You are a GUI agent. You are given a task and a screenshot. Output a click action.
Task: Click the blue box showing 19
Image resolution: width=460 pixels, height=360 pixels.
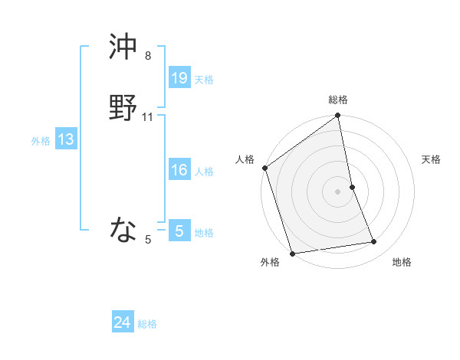179,77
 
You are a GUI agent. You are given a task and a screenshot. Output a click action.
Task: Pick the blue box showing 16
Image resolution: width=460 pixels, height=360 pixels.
179,170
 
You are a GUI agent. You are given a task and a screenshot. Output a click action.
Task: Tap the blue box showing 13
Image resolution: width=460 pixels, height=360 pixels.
66,139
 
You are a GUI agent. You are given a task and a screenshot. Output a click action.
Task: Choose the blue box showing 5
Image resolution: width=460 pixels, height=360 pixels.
179,231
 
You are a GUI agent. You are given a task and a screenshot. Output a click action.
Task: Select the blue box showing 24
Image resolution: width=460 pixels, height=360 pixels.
123,322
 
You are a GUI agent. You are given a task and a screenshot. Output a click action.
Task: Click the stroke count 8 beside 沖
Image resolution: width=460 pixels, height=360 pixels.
148,56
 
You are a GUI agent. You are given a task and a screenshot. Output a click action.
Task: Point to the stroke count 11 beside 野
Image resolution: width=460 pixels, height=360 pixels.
148,117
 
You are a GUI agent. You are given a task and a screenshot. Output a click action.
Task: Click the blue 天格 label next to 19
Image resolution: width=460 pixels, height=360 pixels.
204,80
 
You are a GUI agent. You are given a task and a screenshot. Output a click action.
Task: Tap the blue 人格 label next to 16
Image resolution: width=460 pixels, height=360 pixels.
204,172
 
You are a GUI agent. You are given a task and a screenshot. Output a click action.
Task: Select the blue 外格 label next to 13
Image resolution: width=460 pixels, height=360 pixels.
41,141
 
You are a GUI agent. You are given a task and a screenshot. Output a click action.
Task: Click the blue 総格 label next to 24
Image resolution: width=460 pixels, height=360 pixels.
147,324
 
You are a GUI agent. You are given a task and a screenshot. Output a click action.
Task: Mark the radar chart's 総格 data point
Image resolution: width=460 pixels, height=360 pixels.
338,116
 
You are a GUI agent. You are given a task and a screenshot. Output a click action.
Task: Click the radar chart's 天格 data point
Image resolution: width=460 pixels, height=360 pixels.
352,187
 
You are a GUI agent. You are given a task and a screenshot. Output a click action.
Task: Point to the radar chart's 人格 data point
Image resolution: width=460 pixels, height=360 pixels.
264,168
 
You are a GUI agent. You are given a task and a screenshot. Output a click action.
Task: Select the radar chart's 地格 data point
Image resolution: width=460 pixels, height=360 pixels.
374,242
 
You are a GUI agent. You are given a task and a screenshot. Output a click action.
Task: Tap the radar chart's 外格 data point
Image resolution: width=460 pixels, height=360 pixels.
292,253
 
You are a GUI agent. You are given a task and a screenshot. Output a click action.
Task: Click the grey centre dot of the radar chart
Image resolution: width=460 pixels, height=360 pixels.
337,191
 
